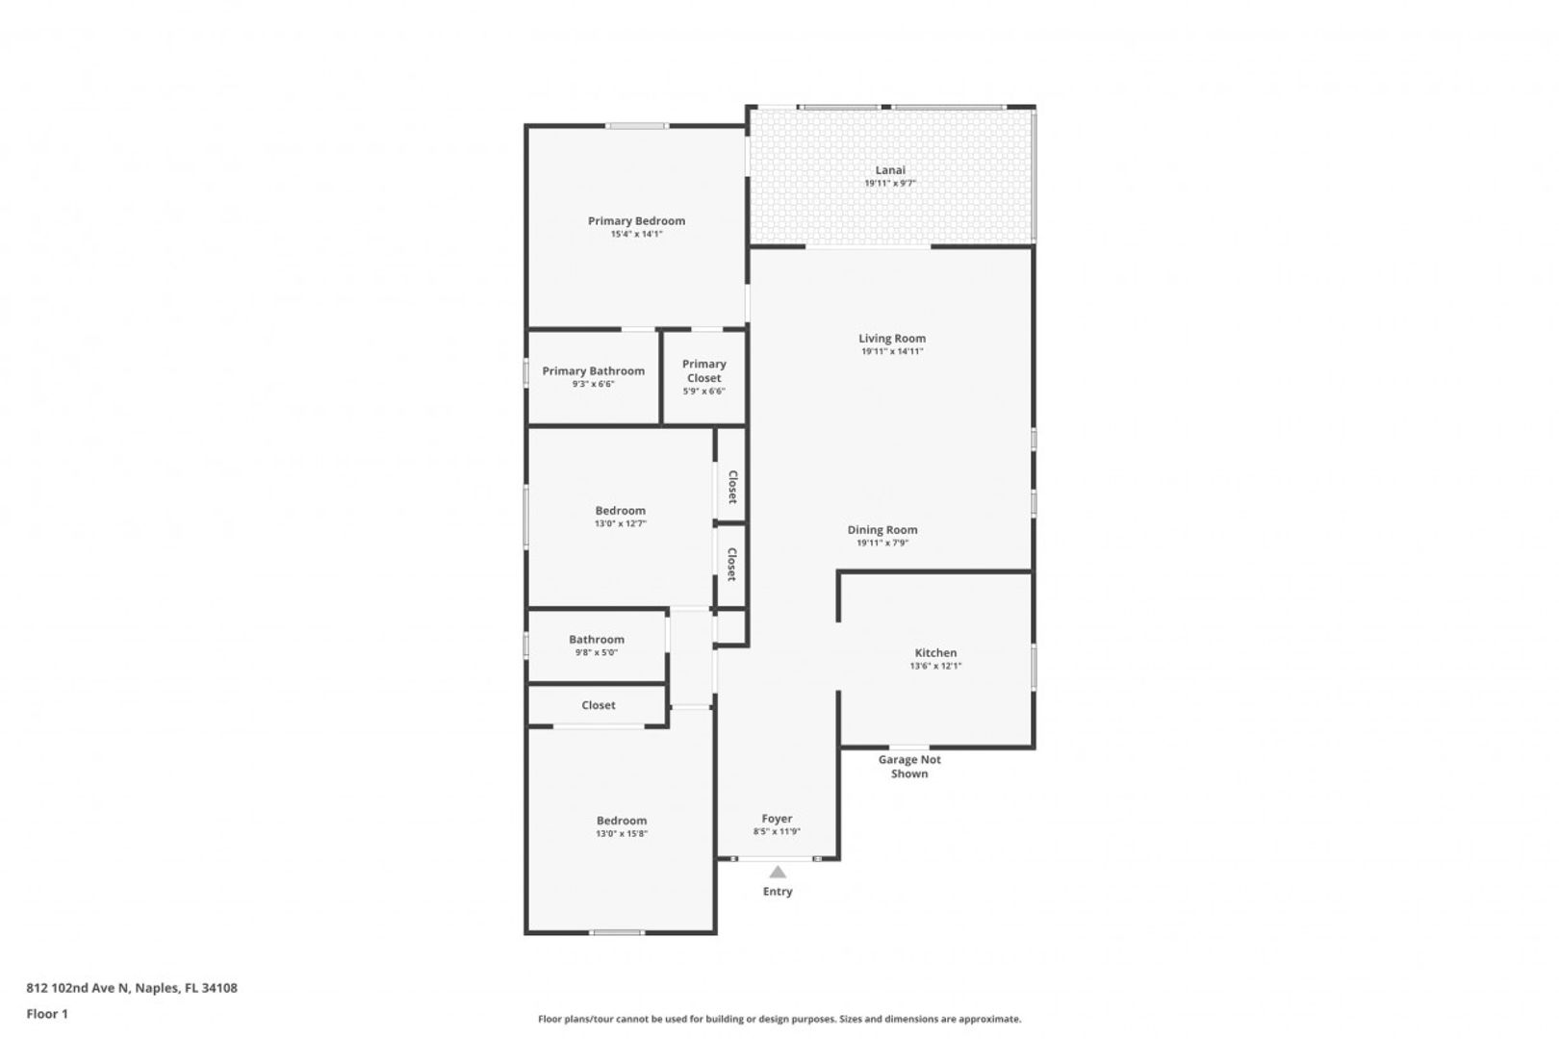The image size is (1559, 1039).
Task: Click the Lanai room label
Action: (890, 170)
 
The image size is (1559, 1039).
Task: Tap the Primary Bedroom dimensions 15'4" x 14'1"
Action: (636, 234)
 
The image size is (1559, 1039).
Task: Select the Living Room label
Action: (891, 339)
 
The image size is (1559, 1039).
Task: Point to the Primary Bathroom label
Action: (593, 371)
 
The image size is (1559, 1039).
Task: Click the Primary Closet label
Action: (703, 371)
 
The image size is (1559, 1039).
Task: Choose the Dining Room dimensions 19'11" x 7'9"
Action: (882, 543)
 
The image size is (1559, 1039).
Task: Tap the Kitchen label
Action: (935, 653)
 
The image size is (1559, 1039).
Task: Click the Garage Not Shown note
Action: (909, 766)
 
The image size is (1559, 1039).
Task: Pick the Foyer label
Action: (777, 819)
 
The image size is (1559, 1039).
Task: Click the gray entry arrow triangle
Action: (778, 872)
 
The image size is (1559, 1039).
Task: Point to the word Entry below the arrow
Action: (778, 892)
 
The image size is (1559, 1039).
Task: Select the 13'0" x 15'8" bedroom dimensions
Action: (622, 834)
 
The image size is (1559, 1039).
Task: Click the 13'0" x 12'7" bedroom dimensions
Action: (620, 523)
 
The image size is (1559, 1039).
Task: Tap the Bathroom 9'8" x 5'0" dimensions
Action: (597, 652)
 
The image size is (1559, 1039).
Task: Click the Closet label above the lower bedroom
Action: (599, 705)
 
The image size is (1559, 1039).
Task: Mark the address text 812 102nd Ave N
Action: (78, 987)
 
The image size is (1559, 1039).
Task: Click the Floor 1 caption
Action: (47, 1014)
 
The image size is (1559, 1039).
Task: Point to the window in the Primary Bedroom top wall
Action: (637, 126)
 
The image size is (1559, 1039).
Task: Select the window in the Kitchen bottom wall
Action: (909, 748)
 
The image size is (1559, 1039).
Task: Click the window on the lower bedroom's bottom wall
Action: (617, 932)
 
